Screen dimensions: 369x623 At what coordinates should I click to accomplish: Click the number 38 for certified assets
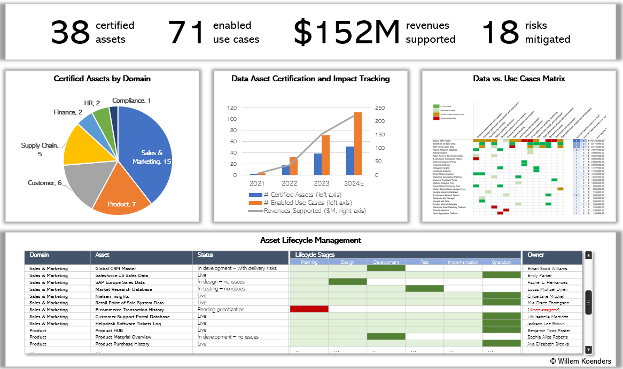click(70, 32)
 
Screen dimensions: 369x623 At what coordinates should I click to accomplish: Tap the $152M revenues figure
click(346, 32)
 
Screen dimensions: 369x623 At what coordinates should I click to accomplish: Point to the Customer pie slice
click(80, 184)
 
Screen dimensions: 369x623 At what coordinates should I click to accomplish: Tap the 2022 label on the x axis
click(289, 183)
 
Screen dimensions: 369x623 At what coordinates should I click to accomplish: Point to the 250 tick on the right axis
click(379, 107)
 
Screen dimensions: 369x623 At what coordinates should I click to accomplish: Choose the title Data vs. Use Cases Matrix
click(519, 79)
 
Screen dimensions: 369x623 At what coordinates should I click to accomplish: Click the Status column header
click(206, 255)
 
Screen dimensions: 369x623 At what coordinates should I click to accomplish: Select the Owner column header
click(536, 255)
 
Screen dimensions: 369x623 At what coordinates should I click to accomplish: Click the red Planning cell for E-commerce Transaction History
click(309, 309)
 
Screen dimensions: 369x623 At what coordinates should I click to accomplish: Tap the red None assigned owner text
click(543, 310)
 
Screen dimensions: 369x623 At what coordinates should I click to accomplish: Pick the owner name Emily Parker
click(540, 275)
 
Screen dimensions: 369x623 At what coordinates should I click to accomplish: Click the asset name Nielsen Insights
click(112, 296)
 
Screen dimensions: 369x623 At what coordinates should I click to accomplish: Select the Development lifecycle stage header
click(386, 262)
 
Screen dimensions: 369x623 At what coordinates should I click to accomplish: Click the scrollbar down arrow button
click(588, 350)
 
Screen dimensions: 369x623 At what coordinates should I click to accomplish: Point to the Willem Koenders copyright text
click(580, 361)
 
